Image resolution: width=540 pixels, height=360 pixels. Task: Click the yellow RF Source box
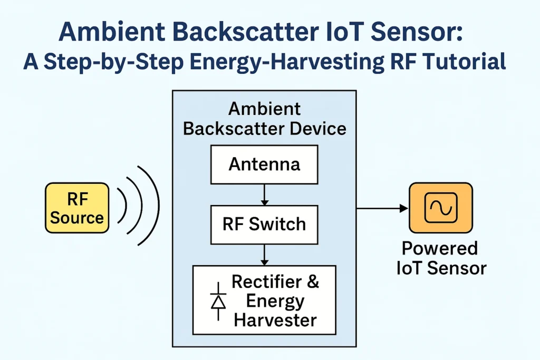[77, 208]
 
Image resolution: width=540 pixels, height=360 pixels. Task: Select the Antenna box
[264, 164]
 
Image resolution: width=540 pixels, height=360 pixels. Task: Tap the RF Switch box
[264, 225]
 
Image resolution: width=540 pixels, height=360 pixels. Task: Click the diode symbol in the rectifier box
[218, 301]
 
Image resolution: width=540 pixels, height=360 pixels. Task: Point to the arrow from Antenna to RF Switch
[264, 195]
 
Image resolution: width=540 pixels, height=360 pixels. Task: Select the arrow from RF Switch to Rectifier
[264, 255]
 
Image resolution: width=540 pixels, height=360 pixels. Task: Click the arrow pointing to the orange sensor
[382, 208]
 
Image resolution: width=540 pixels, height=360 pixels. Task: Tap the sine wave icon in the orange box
[441, 208]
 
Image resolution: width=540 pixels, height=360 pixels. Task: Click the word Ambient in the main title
[112, 32]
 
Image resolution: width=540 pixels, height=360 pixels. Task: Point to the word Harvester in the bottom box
[275, 320]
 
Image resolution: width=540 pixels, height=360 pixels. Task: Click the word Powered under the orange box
[440, 248]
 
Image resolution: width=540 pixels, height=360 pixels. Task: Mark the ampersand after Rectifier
[313, 281]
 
